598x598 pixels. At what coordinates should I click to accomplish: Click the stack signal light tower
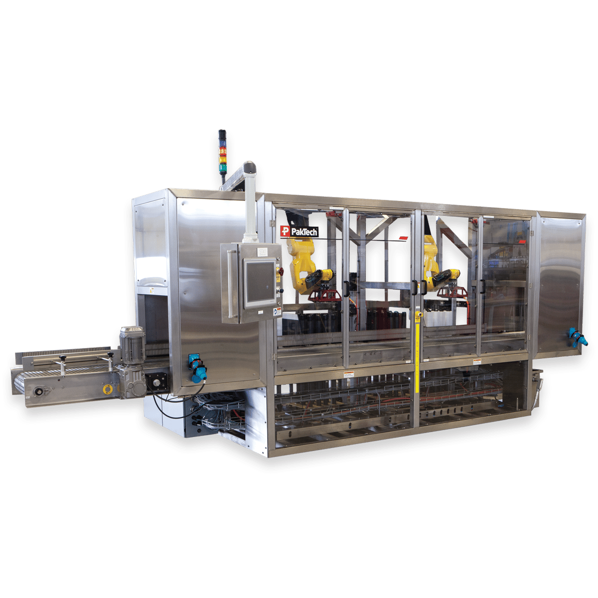tap(222, 151)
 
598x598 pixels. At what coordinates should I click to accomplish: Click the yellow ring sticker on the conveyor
tap(106, 388)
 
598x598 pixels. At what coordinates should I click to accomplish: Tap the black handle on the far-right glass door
tap(482, 287)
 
